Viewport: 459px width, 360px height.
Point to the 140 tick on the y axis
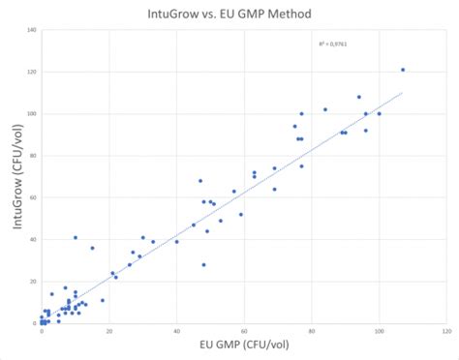pyautogui.click(x=32, y=30)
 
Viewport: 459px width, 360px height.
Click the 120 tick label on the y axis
pyautogui.click(x=32, y=72)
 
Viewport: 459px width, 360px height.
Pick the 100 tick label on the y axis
pyautogui.click(x=32, y=113)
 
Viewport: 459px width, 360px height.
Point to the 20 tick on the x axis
pyautogui.click(x=108, y=331)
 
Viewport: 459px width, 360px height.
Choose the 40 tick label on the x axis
pyautogui.click(x=176, y=331)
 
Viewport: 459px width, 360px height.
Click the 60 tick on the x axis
pyautogui.click(x=244, y=331)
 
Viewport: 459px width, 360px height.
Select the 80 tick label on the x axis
pyautogui.click(x=312, y=331)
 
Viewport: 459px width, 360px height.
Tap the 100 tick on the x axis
pyautogui.click(x=379, y=331)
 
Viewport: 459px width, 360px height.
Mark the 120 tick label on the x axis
pyautogui.click(x=446, y=331)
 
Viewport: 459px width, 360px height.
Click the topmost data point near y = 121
pyautogui.click(x=403, y=70)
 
